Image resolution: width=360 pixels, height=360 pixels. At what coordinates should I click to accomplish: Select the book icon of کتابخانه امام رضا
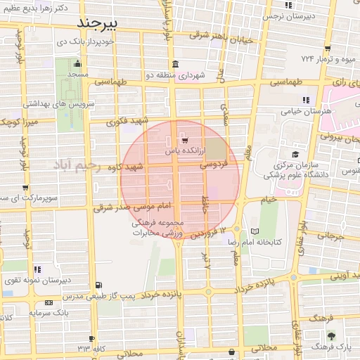pyautogui.click(x=255, y=231)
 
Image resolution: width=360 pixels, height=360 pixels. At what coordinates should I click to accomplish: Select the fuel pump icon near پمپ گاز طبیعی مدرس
pyautogui.click(x=98, y=285)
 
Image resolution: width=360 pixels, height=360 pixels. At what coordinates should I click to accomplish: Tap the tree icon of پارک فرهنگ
pyautogui.click(x=331, y=335)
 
